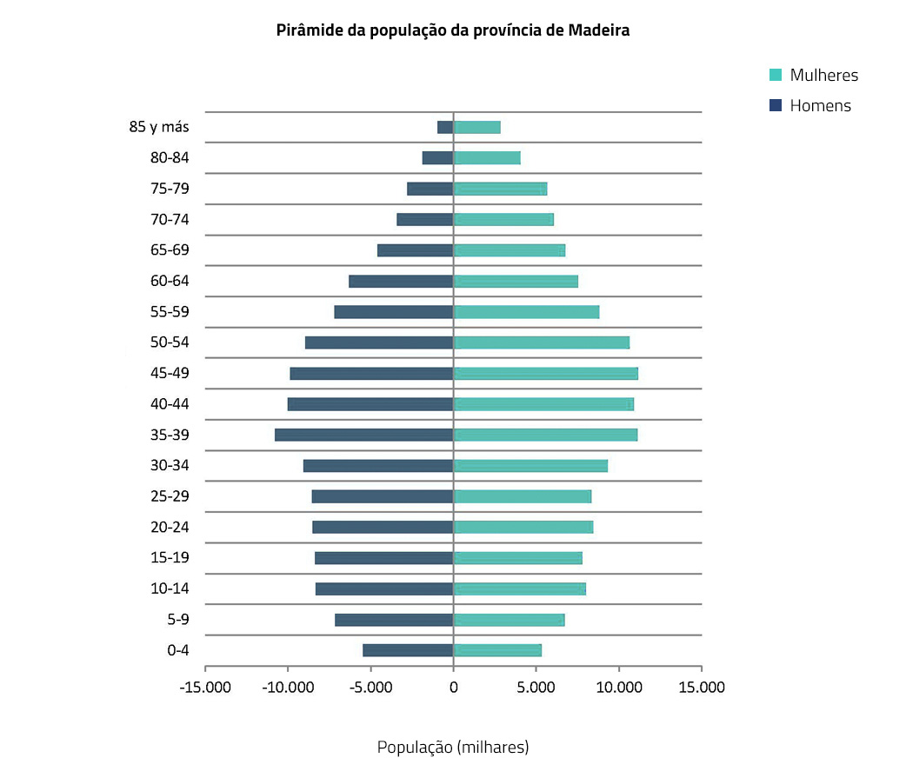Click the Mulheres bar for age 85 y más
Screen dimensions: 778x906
click(476, 127)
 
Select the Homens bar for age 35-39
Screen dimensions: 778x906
click(363, 435)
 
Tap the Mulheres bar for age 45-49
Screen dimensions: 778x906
click(545, 373)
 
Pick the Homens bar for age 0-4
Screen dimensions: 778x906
click(408, 650)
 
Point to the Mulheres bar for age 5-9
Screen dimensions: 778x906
click(509, 620)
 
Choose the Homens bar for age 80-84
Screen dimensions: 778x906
click(437, 157)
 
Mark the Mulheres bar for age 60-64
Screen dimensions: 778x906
click(516, 281)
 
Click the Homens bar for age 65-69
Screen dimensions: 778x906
click(415, 250)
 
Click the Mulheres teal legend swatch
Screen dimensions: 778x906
click(776, 75)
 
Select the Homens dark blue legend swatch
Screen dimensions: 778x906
click(776, 106)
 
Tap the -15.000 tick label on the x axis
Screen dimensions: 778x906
click(205, 688)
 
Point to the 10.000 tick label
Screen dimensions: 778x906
click(618, 688)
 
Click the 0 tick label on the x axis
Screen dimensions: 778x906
click(453, 688)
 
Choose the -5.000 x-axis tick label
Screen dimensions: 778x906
click(370, 688)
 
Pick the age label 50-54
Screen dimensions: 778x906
click(170, 342)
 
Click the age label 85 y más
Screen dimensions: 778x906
click(159, 127)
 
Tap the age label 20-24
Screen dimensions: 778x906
click(170, 527)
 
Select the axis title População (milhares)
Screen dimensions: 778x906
click(452, 747)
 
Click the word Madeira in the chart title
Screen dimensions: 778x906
click(599, 30)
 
